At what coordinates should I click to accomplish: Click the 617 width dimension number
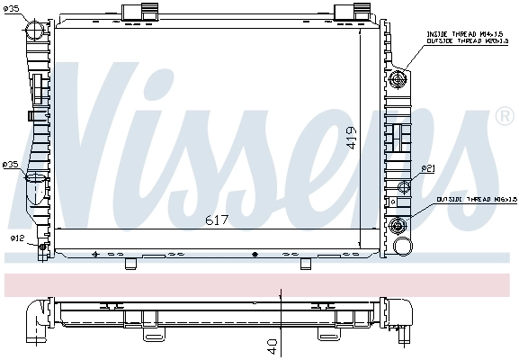[x=218, y=220]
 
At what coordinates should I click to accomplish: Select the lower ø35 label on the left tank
[x=11, y=165]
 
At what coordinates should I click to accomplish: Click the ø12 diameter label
[x=16, y=238]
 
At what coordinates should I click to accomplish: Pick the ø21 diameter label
[x=428, y=168]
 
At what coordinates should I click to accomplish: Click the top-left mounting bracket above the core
[x=136, y=12]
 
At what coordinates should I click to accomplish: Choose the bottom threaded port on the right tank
[x=399, y=224]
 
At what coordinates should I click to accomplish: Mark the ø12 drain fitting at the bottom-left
[x=40, y=244]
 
